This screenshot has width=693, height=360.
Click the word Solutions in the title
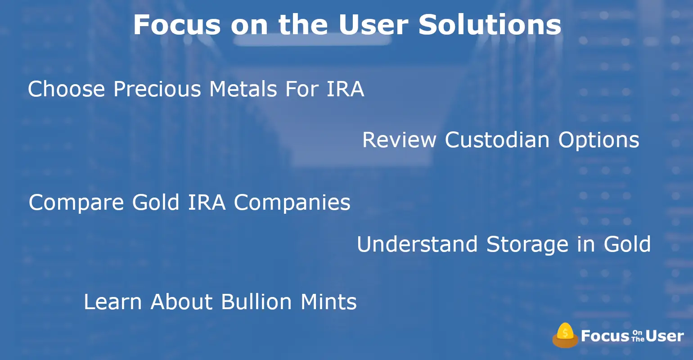point(490,24)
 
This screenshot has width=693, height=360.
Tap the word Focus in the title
point(177,24)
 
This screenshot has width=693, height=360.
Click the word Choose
point(67,89)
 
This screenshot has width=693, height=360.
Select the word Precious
point(157,89)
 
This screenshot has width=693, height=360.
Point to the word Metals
point(243,89)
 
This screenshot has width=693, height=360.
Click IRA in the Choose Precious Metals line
point(345,89)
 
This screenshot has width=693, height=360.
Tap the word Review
point(400,140)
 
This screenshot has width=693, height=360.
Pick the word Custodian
point(497,140)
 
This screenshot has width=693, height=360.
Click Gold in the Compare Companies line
point(156,202)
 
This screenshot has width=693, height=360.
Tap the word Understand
point(417,244)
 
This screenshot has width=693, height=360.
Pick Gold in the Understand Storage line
point(627,244)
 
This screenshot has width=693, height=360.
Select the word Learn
point(113,302)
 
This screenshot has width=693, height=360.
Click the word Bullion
point(256,302)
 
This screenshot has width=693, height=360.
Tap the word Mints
point(328,302)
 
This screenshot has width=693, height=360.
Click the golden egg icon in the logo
point(565,335)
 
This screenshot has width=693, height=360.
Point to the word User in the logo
point(665,336)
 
